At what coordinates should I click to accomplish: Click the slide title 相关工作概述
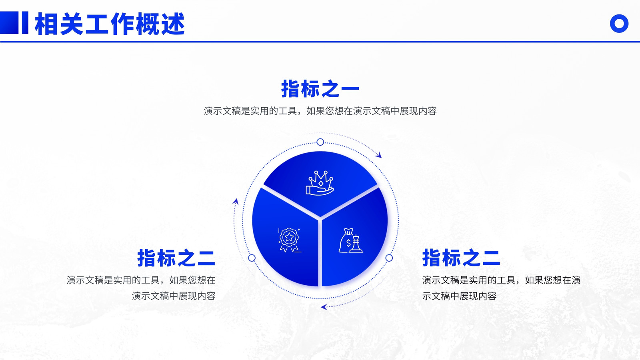(110, 24)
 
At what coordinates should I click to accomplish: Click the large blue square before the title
(9, 22)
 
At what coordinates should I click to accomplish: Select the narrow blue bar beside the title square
(25, 22)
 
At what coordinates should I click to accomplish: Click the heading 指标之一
(320, 89)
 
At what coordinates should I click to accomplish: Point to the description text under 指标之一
(320, 111)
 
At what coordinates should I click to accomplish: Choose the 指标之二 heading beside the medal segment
(176, 258)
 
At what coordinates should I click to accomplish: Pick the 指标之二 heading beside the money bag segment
(461, 258)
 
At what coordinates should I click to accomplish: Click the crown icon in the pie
(320, 183)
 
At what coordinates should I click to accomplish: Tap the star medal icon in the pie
(289, 240)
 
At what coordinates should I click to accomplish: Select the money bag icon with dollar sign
(351, 240)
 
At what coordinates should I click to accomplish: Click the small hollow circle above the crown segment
(320, 142)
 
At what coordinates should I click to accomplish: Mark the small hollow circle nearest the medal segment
(252, 258)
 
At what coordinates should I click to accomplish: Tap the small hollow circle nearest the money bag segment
(389, 258)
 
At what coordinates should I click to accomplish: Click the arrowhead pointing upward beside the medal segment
(236, 202)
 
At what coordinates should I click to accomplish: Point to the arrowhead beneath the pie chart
(324, 307)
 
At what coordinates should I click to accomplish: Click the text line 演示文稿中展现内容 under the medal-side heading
(174, 296)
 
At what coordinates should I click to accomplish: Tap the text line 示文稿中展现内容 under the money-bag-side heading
(459, 296)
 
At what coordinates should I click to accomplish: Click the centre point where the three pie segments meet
(320, 219)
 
